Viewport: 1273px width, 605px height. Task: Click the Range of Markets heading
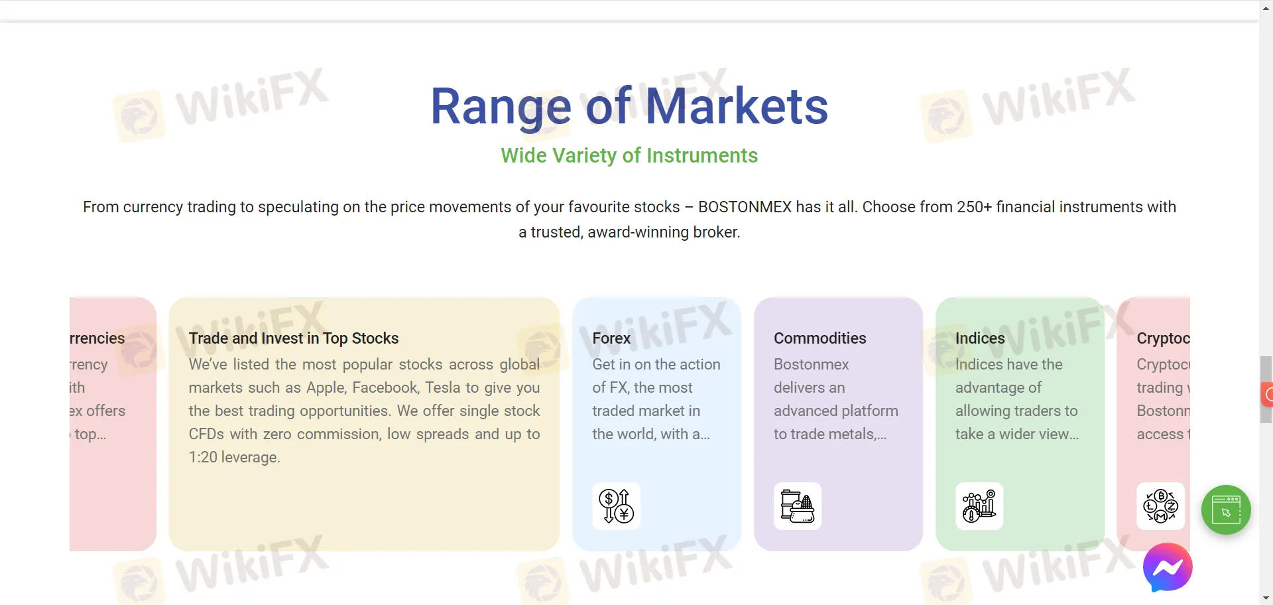(629, 106)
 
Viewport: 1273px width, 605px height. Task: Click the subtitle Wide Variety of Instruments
(629, 155)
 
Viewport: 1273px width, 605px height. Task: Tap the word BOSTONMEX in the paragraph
(745, 207)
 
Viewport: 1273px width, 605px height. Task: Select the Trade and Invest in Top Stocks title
(294, 338)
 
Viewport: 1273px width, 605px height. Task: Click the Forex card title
(611, 338)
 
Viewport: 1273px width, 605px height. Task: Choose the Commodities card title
(819, 338)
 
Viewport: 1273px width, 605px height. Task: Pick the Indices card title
(980, 338)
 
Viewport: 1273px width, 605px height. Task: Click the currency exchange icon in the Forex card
(616, 506)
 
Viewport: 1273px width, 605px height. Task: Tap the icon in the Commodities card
(798, 506)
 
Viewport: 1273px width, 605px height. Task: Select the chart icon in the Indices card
(979, 506)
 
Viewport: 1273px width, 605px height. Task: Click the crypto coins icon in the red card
(1160, 506)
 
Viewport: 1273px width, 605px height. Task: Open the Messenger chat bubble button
(1168, 567)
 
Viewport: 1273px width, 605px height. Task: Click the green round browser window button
(1226, 510)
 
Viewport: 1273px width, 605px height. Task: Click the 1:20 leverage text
(234, 457)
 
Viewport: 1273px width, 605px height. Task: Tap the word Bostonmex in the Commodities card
(811, 364)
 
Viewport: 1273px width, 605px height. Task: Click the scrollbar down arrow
(1266, 598)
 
